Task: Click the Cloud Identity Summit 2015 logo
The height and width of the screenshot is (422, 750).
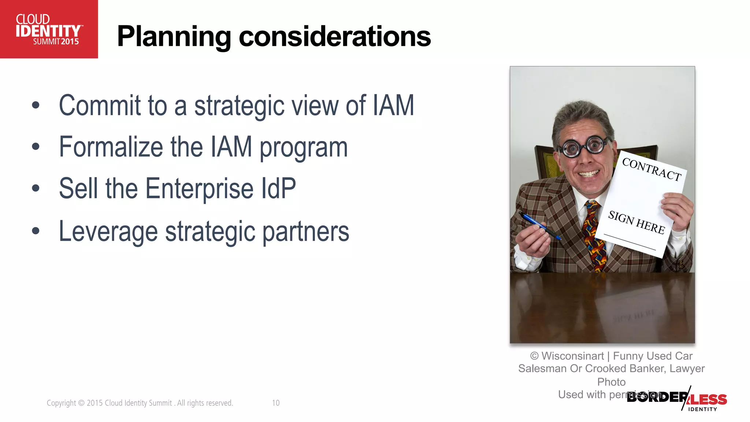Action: tap(49, 29)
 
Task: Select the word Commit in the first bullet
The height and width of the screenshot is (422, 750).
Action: tap(100, 105)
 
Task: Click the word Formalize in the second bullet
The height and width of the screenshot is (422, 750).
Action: tap(111, 147)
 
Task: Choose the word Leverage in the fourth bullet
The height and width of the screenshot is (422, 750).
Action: tap(108, 232)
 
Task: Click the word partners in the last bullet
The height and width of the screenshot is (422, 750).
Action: tap(306, 232)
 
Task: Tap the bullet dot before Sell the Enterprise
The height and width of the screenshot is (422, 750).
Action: tap(36, 188)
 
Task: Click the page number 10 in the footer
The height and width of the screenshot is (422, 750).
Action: tap(276, 403)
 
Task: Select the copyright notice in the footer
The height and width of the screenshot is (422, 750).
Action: tap(140, 403)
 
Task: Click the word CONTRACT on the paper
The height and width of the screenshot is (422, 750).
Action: tap(651, 169)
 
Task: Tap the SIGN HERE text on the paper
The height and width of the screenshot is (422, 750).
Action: tap(636, 222)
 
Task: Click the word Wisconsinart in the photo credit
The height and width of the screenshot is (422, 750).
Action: tap(572, 356)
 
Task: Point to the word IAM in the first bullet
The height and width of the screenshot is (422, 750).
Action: tap(393, 105)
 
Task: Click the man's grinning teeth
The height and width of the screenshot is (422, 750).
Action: tap(589, 173)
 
